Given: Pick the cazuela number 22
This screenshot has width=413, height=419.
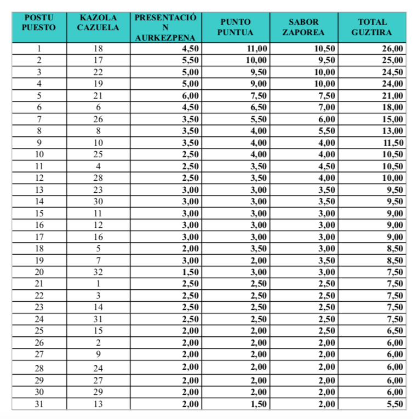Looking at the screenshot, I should click(99, 72).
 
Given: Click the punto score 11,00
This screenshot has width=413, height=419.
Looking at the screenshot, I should click(256, 49).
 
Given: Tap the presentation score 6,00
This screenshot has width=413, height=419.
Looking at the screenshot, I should click(189, 96).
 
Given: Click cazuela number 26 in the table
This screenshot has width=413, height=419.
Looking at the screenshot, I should click(99, 119).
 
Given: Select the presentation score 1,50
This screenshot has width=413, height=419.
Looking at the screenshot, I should click(189, 273).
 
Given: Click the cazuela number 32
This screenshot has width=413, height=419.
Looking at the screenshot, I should click(99, 273).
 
